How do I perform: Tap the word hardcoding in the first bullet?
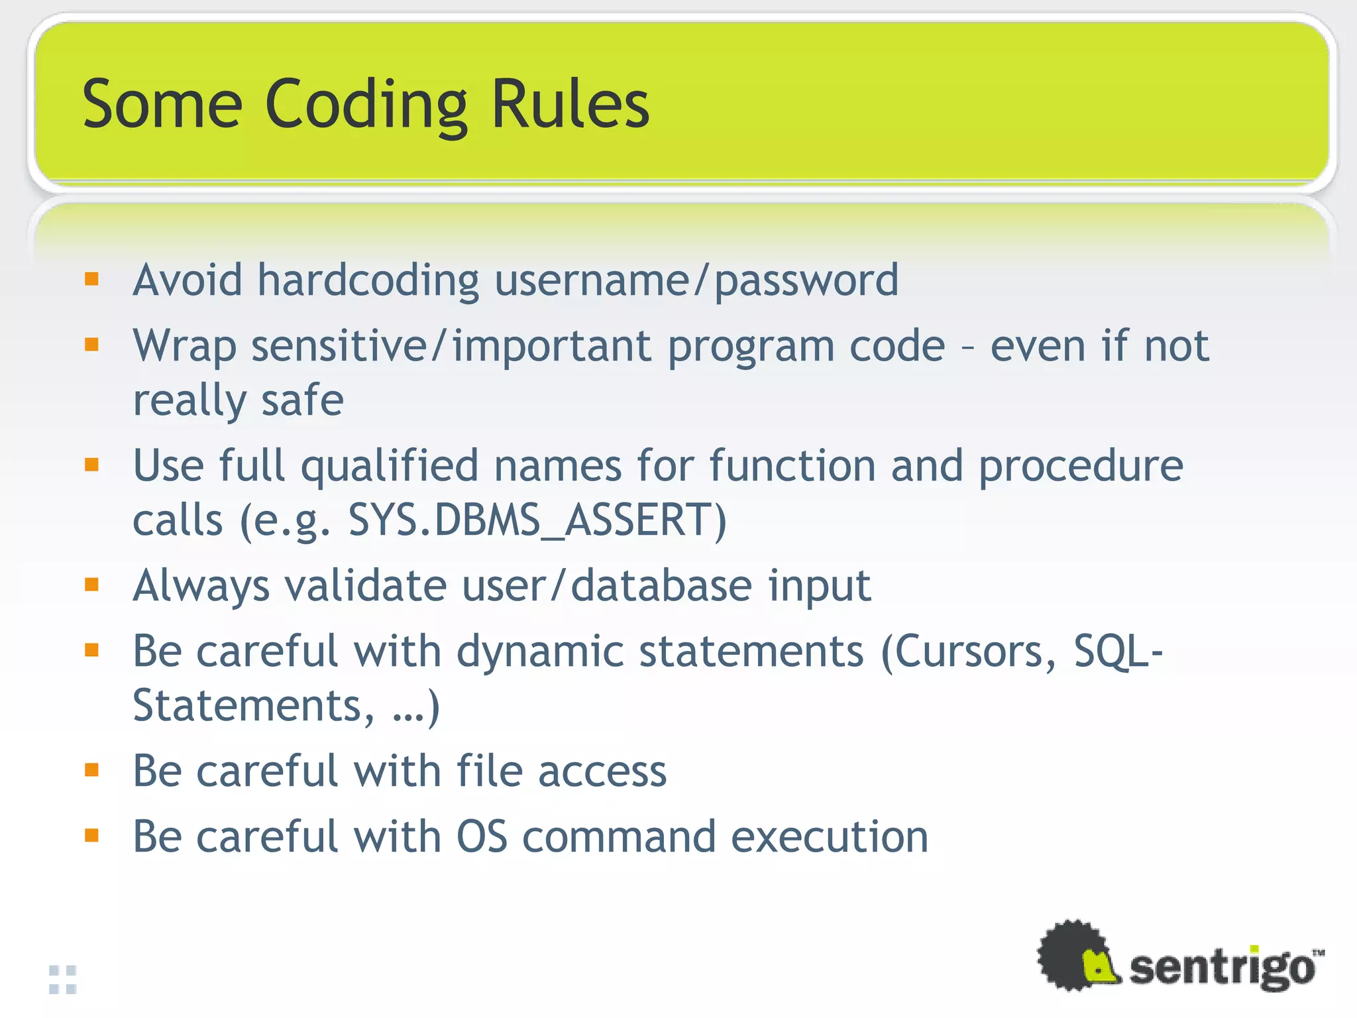pyautogui.click(x=368, y=280)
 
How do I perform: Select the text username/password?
pyautogui.click(x=696, y=282)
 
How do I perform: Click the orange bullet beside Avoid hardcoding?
pyautogui.click(x=91, y=279)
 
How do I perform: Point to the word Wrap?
pyautogui.click(x=184, y=347)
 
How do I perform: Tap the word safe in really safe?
pyautogui.click(x=302, y=400)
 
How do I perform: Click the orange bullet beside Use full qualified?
pyautogui.click(x=91, y=465)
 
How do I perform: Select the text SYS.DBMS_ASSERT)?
pyautogui.click(x=537, y=520)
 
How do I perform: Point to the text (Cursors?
pyautogui.click(x=968, y=652)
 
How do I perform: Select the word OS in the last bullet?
pyautogui.click(x=482, y=836)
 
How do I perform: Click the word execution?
pyautogui.click(x=830, y=836)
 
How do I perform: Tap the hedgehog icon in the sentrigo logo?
pyautogui.click(x=1077, y=955)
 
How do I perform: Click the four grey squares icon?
pyautogui.click(x=63, y=980)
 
